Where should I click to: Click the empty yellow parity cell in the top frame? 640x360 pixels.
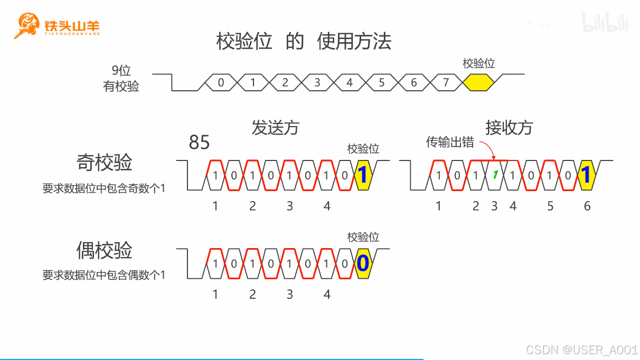click(x=478, y=82)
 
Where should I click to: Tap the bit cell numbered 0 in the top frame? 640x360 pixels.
click(x=221, y=82)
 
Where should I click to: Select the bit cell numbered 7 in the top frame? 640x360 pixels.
click(x=446, y=82)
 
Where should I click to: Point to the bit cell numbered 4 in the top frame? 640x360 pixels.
click(x=350, y=82)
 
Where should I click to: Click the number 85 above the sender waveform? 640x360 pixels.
click(x=199, y=143)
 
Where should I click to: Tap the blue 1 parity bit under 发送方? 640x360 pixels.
click(x=362, y=175)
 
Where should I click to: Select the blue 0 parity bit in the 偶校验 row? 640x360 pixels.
click(x=362, y=263)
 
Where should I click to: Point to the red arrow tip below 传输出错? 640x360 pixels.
click(x=493, y=158)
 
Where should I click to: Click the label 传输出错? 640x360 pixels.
click(x=450, y=143)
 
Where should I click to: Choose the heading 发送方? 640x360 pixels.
click(x=275, y=128)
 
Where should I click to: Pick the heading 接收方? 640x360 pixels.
click(x=509, y=128)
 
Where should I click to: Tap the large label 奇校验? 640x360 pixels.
click(x=104, y=163)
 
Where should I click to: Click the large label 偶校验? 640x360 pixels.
click(x=104, y=250)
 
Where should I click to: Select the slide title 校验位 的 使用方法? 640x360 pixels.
click(x=304, y=41)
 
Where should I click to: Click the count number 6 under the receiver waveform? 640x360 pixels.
click(x=587, y=206)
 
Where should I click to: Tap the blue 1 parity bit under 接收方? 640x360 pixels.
click(x=586, y=175)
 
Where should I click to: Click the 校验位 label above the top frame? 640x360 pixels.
click(x=478, y=63)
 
